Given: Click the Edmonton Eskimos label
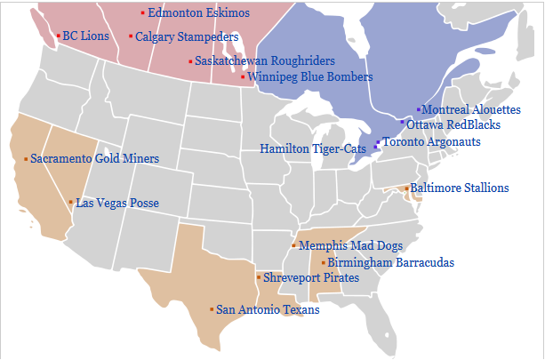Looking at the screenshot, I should pyautogui.click(x=198, y=13).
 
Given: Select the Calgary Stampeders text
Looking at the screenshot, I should pyautogui.click(x=187, y=37).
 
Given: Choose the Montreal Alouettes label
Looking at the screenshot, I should pyautogui.click(x=471, y=109).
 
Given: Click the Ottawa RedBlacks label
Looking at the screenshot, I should pyautogui.click(x=453, y=125).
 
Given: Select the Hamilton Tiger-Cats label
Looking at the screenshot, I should pyautogui.click(x=316, y=148).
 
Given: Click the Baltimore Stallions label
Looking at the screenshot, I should pyautogui.click(x=460, y=188).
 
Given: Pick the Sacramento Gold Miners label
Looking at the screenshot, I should pyautogui.click(x=95, y=159).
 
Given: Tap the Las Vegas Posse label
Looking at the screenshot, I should pyautogui.click(x=117, y=204).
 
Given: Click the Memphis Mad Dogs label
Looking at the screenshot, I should pyautogui.click(x=350, y=245).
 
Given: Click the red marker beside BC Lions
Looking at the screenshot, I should pyautogui.click(x=59, y=36).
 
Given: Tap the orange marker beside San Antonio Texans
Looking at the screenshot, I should pyautogui.click(x=212, y=309).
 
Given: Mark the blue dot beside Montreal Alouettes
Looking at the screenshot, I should pyautogui.click(x=419, y=108).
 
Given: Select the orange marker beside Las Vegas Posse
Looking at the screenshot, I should pyautogui.click(x=71, y=203).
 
